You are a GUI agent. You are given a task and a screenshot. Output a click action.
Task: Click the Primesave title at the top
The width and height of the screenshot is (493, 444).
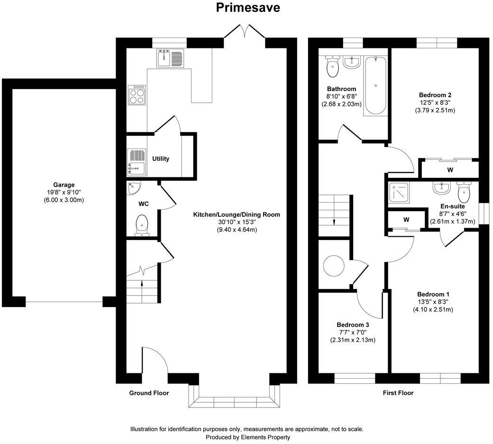tap(248, 8)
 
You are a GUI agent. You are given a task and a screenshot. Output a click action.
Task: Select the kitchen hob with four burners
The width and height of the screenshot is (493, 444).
tap(137, 95)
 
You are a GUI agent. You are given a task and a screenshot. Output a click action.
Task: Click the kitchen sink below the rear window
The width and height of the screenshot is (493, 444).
tap(164, 59)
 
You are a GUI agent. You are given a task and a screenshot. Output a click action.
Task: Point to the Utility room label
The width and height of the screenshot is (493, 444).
tap(161, 158)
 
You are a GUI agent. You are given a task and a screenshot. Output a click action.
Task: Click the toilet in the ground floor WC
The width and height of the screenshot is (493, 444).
tap(142, 225)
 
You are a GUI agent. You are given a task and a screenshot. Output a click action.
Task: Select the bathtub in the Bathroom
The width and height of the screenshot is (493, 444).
tap(375, 85)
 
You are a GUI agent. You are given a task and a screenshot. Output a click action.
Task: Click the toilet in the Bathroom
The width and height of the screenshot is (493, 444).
tap(333, 67)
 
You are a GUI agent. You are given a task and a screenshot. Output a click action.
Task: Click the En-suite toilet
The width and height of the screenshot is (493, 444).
tap(464, 191)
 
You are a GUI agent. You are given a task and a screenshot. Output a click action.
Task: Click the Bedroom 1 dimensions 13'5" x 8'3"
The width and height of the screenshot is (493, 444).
tap(433, 302)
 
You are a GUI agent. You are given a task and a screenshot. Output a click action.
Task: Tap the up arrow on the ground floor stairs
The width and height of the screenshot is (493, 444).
tap(143, 285)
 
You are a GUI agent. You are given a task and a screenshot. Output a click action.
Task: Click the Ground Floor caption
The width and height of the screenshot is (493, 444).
tap(149, 393)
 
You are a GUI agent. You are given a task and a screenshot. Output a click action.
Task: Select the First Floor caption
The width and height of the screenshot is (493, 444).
tap(398, 393)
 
